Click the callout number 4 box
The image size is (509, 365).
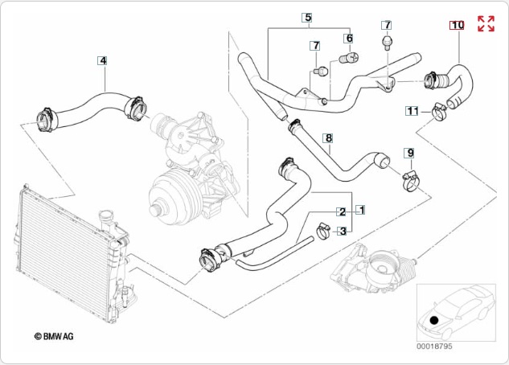(x=103, y=59)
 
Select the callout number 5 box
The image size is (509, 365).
(x=307, y=17)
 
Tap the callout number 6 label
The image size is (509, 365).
(x=349, y=38)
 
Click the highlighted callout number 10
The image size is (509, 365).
(x=457, y=25)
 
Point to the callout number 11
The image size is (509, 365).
(x=412, y=111)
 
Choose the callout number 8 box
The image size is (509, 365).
(x=328, y=138)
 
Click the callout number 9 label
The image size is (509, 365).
(x=408, y=153)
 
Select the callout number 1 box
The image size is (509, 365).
(x=362, y=210)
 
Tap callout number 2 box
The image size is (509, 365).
(x=342, y=212)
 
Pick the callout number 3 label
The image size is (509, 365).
(x=342, y=232)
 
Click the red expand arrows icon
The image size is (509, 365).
(x=486, y=23)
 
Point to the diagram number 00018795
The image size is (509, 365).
(x=435, y=347)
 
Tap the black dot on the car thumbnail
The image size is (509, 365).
(x=433, y=320)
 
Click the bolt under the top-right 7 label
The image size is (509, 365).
(x=387, y=42)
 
